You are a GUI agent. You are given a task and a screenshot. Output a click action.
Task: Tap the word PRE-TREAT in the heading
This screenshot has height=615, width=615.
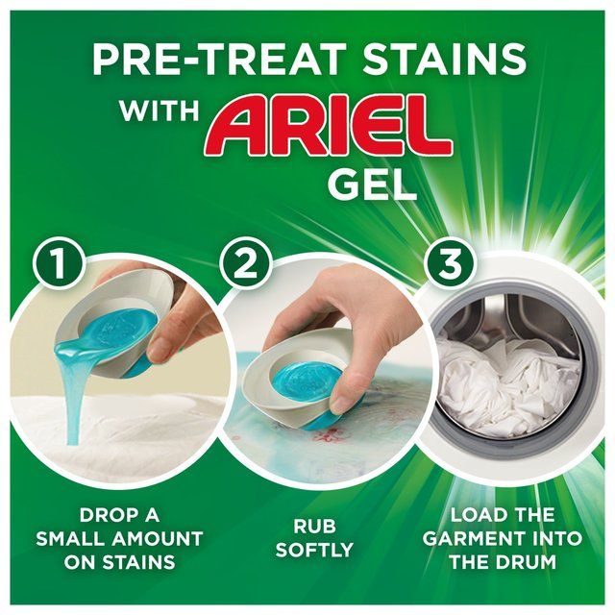click(x=207, y=60)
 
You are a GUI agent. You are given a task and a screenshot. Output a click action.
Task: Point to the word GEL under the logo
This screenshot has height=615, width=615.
click(x=373, y=182)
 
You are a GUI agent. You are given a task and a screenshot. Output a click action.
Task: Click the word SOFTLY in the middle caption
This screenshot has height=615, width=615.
click(x=307, y=551)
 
